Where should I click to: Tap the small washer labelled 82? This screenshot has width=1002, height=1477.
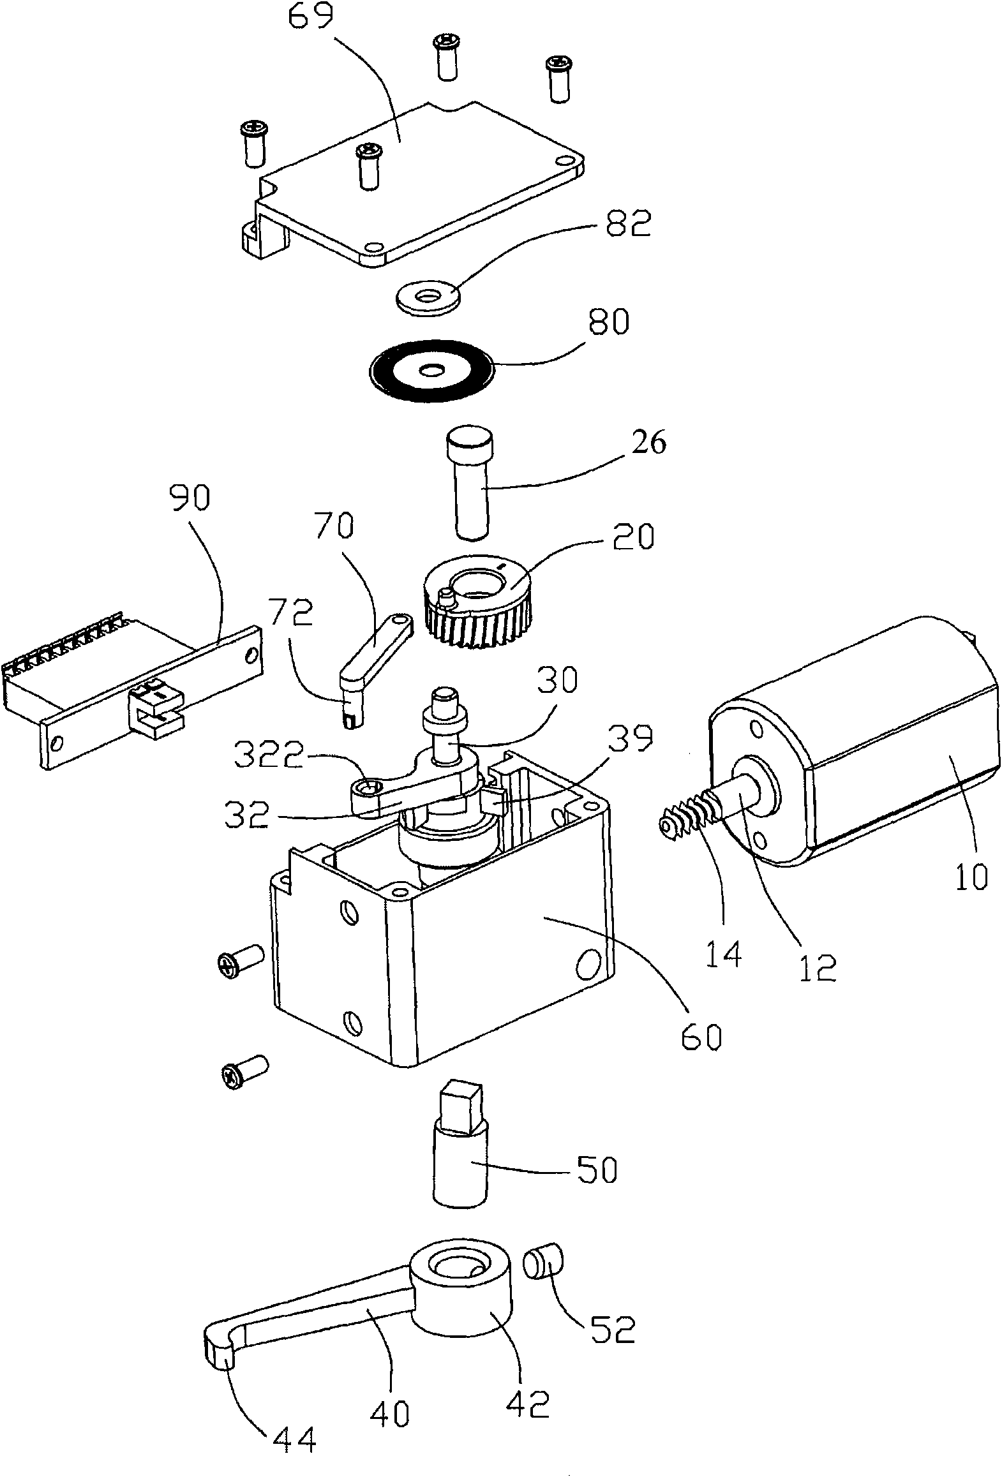point(427,298)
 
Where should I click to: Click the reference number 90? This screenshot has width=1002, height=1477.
point(191,500)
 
